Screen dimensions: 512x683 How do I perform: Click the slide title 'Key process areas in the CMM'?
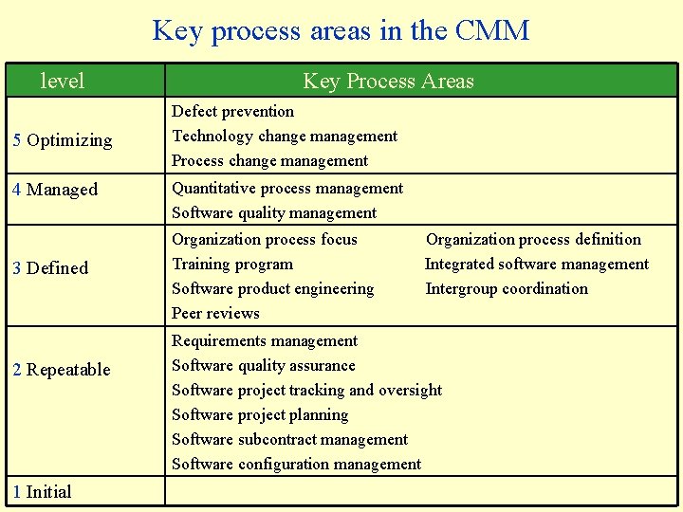coord(341,30)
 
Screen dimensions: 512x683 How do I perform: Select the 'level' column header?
coord(63,82)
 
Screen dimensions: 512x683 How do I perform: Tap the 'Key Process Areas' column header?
coord(388,82)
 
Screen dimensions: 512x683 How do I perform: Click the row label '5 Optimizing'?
coord(63,140)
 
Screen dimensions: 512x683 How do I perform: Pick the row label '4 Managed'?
coord(55,190)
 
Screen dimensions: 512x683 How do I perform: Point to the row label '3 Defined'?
coord(50,268)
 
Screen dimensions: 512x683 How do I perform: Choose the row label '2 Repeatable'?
coord(62,370)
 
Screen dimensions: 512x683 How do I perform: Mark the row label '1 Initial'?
coord(42,491)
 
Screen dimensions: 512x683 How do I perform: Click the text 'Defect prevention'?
coord(232,111)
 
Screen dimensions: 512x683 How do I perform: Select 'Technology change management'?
coord(285,136)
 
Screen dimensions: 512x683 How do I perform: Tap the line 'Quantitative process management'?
coord(287,188)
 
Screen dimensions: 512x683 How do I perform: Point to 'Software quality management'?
coord(274,212)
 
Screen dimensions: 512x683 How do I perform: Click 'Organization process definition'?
coord(533,239)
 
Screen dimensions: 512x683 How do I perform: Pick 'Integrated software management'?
coord(537,264)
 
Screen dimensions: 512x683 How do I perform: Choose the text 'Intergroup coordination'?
coord(507,288)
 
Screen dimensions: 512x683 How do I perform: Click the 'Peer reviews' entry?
coord(215,313)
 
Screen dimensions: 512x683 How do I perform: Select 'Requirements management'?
coord(265,340)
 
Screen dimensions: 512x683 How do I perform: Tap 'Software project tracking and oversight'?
coord(306,390)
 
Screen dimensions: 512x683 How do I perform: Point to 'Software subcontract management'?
coord(289,439)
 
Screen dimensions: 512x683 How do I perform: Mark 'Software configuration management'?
coord(296,464)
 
